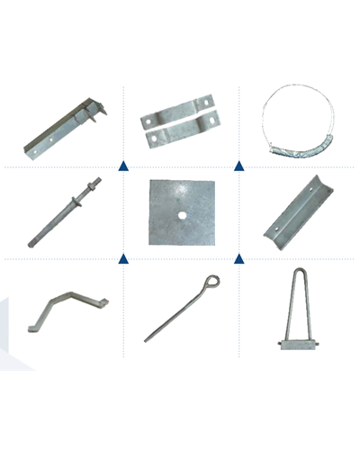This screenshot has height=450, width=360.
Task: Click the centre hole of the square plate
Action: (x=182, y=216)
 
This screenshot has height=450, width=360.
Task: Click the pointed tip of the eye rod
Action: (x=146, y=340)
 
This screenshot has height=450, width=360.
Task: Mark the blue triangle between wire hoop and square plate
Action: (x=238, y=166)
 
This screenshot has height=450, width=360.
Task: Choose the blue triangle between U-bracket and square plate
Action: (x=238, y=258)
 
